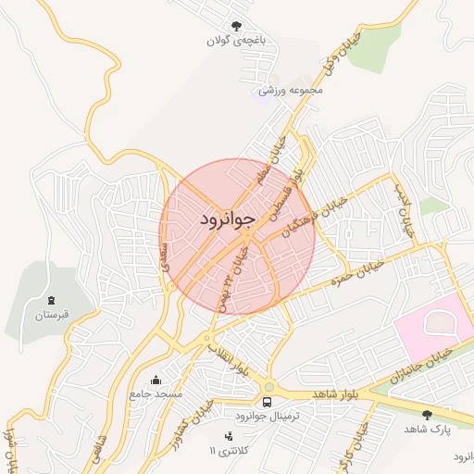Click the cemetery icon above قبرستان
[x=51, y=300]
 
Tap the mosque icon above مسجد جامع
[x=155, y=380]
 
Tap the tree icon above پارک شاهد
[x=427, y=415]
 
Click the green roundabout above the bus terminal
[x=268, y=387]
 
